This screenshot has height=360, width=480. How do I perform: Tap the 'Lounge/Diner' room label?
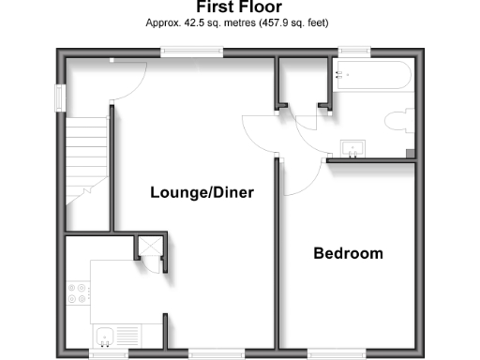(x=202, y=192)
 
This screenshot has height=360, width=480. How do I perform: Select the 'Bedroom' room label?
(x=348, y=253)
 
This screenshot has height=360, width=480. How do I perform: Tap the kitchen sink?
(x=104, y=335)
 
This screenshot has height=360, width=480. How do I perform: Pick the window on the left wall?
(x=59, y=97)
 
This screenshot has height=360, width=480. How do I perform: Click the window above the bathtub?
(x=352, y=52)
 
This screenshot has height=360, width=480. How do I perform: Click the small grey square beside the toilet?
(x=409, y=153)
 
